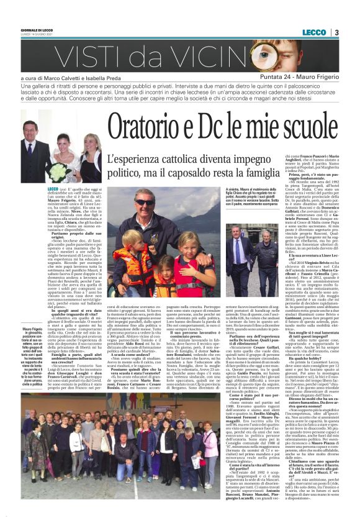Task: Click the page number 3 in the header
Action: (336, 32)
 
